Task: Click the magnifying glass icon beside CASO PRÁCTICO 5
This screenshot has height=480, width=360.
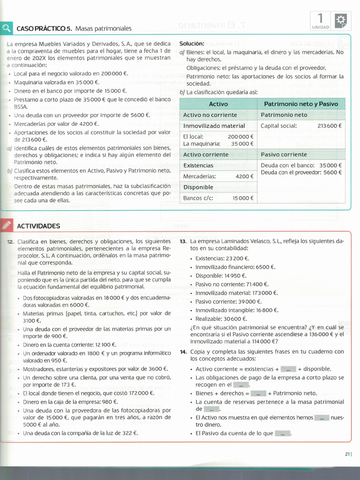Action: click(7, 28)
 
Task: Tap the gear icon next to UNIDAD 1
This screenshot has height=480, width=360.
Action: click(340, 20)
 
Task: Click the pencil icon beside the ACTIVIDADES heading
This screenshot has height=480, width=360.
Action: click(7, 225)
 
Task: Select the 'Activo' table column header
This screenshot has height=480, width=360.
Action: click(218, 104)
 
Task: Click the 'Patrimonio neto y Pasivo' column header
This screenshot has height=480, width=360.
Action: click(301, 104)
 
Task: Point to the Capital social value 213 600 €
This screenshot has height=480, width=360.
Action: click(330, 126)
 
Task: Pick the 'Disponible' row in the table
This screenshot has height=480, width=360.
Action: click(198, 187)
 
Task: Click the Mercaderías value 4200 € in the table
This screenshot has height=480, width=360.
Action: click(244, 176)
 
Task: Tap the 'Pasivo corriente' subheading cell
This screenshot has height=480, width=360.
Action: click(284, 154)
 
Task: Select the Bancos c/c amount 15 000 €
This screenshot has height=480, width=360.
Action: click(243, 198)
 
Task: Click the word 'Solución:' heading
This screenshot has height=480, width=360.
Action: click(192, 43)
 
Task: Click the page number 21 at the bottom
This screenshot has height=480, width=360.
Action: click(347, 453)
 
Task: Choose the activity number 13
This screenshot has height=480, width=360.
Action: click(183, 241)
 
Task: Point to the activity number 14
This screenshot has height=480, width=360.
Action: click(183, 352)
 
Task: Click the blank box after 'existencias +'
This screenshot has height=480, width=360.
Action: click(288, 369)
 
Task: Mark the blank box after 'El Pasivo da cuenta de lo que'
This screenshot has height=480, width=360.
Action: click(283, 434)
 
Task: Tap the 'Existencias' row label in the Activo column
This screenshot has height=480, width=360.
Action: click(198, 165)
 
